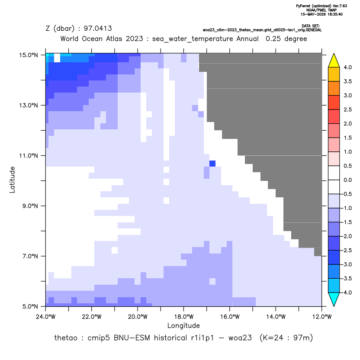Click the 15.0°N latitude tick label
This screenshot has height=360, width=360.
pos(29,55)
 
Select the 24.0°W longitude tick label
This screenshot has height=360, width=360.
pos(46,317)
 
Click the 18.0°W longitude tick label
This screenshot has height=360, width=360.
pos(183,317)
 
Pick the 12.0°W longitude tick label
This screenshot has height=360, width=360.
pos(322,317)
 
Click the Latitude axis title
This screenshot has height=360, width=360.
pos(12,180)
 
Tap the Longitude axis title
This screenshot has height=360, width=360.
pos(183,325)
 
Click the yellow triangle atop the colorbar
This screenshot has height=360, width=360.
pos(334,61)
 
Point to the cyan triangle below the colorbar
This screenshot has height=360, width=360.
pos(334,299)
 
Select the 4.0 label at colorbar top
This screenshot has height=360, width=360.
pos(347,67)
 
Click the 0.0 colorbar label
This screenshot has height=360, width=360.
pos(347,180)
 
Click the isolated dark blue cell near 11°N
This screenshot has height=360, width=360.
pos(212,164)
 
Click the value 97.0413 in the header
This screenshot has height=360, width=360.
pos(98,29)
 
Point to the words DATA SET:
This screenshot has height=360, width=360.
pos(311,26)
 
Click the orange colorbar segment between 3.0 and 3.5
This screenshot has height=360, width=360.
pos(334,88)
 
